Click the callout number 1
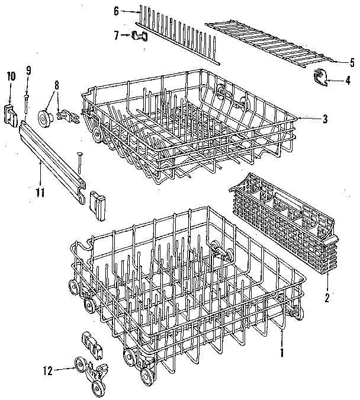282,352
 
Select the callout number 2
326,297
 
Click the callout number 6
117,11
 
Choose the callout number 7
117,36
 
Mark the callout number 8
57,85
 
